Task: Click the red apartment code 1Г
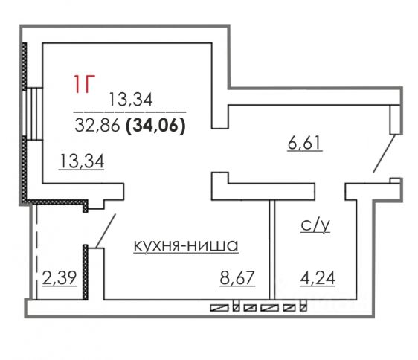click(x=85, y=84)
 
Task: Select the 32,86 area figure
click(x=97, y=126)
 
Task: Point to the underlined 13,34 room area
click(x=82, y=161)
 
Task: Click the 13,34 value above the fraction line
click(x=131, y=99)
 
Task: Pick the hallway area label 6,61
click(x=304, y=143)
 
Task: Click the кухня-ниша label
click(x=186, y=245)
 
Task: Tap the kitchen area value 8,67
click(x=237, y=277)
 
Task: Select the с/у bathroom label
click(x=315, y=225)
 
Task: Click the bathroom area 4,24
click(x=318, y=278)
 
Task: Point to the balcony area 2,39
click(x=60, y=278)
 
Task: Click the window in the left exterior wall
click(x=32, y=114)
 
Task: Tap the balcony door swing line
click(x=106, y=231)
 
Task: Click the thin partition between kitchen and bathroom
click(x=272, y=250)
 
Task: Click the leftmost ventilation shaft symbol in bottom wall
click(x=219, y=308)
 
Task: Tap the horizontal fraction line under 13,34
click(x=130, y=112)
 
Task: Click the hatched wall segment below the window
click(x=25, y=169)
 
